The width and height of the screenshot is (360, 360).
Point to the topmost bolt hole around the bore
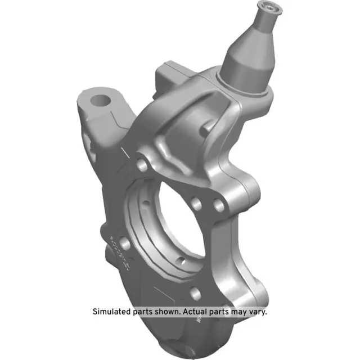[142, 166]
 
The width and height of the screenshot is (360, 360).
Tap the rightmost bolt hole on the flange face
[219, 206]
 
